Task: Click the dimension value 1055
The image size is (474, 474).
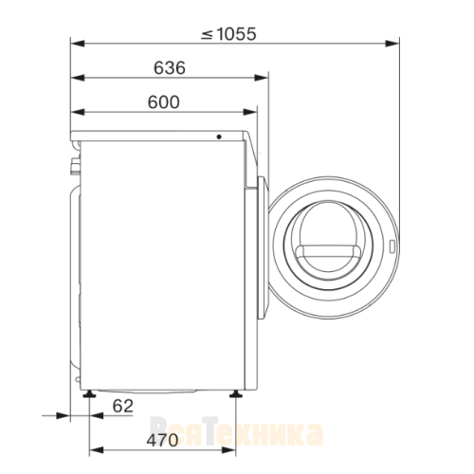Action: [237, 34]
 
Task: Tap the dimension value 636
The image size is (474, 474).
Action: [170, 68]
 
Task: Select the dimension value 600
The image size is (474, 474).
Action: [163, 102]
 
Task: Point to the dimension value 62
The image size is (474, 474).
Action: [123, 406]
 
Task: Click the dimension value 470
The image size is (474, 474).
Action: [162, 440]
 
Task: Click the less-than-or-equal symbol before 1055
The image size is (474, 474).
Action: [207, 34]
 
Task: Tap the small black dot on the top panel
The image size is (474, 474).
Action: [219, 137]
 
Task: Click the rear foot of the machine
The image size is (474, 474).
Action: [89, 393]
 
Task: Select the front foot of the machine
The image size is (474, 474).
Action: [235, 393]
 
